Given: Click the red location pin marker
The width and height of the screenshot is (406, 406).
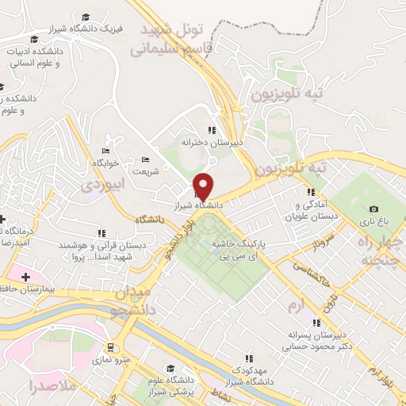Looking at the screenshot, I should point(204,186).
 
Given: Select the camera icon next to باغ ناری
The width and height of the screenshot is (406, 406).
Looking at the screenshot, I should point(373,209).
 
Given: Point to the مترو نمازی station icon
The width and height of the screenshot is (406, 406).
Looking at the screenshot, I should point(110,347).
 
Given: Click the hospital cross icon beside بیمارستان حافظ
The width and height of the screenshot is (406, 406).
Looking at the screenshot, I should point(26,277).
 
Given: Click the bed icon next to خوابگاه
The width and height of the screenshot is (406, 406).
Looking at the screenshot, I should point(106,151).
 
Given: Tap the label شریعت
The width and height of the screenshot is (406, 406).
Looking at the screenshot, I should point(145,170).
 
